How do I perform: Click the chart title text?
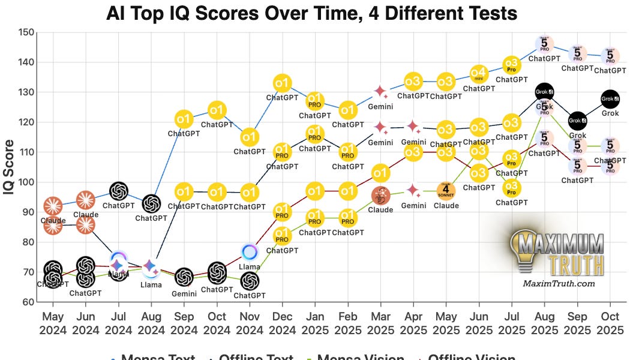click(311, 13)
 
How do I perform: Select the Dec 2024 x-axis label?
click(282, 322)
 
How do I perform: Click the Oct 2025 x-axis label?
click(610, 322)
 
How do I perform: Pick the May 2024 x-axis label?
click(53, 322)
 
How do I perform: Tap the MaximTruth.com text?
click(559, 284)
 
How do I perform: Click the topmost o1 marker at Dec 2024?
click(282, 83)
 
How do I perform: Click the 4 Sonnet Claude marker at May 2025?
click(446, 191)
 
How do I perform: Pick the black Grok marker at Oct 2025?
click(610, 98)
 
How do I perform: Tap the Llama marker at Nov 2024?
click(250, 252)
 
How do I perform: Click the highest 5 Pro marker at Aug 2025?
click(544, 44)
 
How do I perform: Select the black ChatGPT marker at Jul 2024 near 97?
click(119, 191)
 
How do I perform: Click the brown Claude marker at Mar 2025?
click(380, 195)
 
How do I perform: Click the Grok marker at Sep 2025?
click(577, 120)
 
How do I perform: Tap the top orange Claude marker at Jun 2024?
click(86, 200)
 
